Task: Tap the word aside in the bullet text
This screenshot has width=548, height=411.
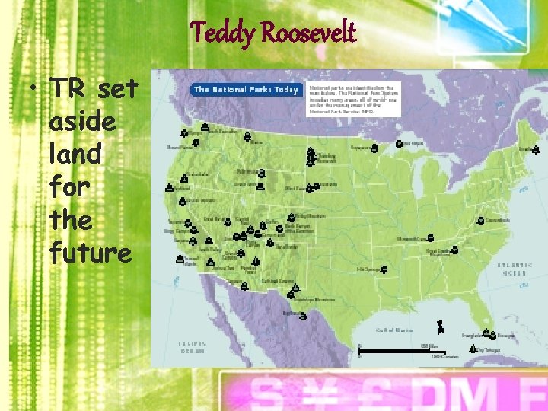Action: pos(82,121)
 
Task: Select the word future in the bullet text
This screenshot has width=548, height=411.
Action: pos(90,252)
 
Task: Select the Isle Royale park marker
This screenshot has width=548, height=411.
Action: pos(399,143)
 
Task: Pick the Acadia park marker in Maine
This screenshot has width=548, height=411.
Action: pos(536,149)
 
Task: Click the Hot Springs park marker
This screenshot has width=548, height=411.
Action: pos(384,269)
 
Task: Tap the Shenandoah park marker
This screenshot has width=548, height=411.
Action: pos(480,221)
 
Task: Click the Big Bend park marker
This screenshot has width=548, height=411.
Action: pos(303,316)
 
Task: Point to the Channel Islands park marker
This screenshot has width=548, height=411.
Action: pos(180,259)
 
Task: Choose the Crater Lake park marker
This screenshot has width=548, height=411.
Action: pos(183,180)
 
